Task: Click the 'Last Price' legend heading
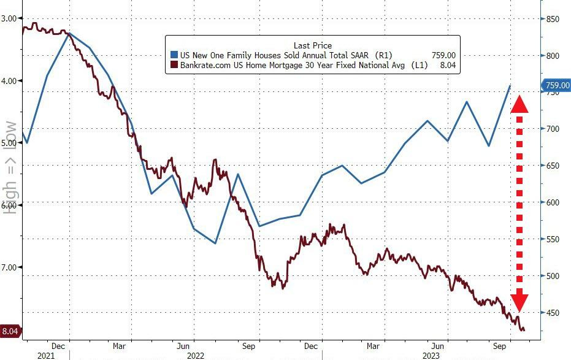pyautogui.click(x=312, y=45)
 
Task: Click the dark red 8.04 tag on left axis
pyautogui.click(x=10, y=332)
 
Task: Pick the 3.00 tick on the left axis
pyautogui.click(x=9, y=18)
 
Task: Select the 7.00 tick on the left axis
pyautogui.click(x=9, y=267)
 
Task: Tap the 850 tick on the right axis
pyautogui.click(x=554, y=19)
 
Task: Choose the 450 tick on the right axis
pyautogui.click(x=554, y=313)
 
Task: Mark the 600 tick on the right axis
pyautogui.click(x=554, y=202)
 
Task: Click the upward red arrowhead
pyautogui.click(x=519, y=104)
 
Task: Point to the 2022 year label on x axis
pyautogui.click(x=196, y=354)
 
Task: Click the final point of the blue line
pyautogui.click(x=510, y=86)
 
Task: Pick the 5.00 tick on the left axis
pyautogui.click(x=9, y=143)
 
